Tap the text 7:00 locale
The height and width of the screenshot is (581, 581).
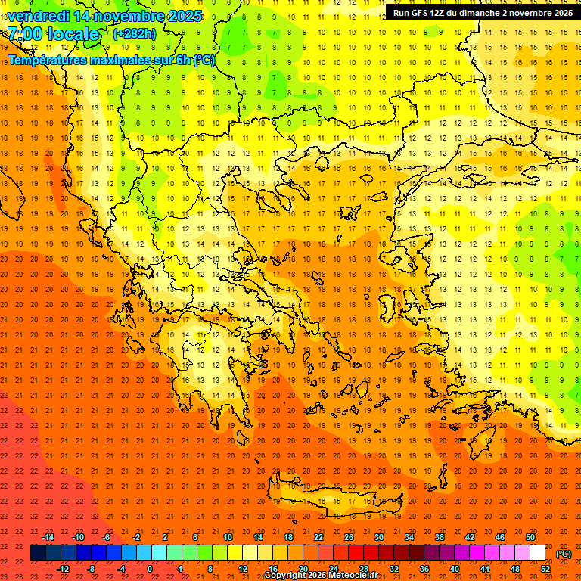(53, 34)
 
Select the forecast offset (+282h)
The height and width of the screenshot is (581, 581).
(135, 34)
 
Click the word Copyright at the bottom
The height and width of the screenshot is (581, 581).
(286, 576)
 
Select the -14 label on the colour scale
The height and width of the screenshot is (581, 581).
(47, 536)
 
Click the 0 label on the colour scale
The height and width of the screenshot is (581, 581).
(151, 569)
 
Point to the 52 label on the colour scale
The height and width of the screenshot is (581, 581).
(545, 569)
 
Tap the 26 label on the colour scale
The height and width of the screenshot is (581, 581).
(349, 536)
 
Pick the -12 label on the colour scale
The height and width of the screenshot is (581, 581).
(63, 569)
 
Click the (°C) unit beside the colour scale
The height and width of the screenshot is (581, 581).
(564, 554)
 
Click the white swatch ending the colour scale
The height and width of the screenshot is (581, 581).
(537, 553)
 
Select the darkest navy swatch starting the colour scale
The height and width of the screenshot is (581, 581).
(38, 553)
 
